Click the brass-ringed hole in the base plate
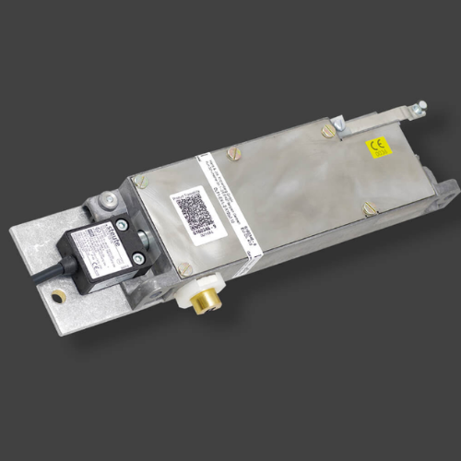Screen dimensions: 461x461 click(59, 297)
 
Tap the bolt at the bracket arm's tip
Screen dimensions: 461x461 click(421, 105)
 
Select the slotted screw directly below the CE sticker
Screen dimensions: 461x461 click(369, 209)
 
